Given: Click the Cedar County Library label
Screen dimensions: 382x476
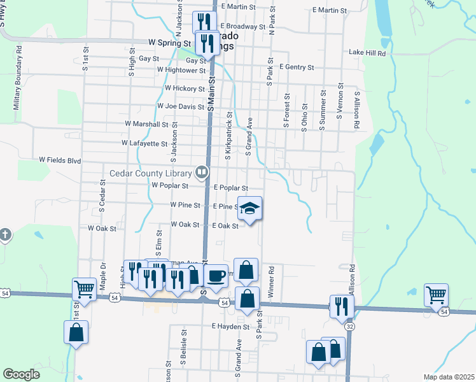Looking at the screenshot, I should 150,173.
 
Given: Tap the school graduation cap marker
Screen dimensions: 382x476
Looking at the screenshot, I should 249,208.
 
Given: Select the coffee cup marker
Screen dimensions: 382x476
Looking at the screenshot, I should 216,276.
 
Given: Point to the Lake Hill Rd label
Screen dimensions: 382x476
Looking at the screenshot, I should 367,54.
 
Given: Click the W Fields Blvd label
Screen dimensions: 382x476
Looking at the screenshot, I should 60,160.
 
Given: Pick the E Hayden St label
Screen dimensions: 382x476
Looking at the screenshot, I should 230,326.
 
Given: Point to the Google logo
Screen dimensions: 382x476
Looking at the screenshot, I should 21,374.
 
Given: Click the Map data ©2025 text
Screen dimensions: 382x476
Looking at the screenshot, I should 449,377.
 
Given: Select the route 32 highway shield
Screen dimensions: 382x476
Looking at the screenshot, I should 350,326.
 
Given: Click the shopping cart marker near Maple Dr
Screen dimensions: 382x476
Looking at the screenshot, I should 84,289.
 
